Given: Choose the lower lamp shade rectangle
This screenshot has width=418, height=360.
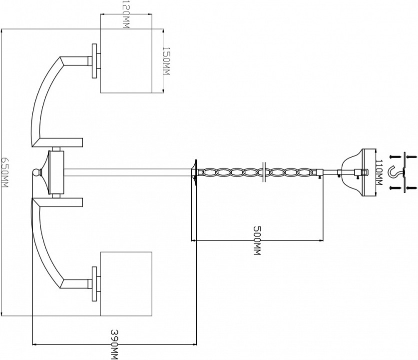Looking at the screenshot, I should pyautogui.click(x=126, y=283).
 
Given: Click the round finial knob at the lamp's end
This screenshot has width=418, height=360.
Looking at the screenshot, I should pyautogui.click(x=36, y=173).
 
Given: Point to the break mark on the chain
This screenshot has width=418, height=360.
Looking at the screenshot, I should pyautogui.click(x=264, y=172).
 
